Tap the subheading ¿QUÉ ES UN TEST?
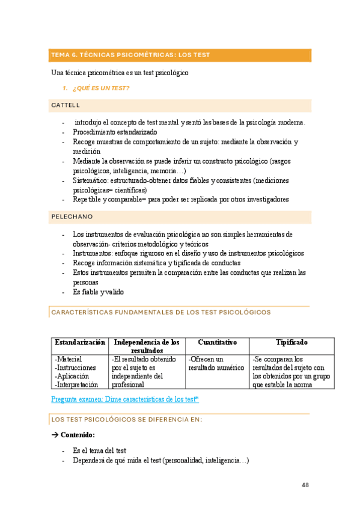coord(100,89)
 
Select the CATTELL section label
coord(66,106)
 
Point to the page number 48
coord(305,486)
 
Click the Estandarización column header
coord(79,342)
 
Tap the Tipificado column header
coord(291,342)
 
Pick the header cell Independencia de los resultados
coord(147,346)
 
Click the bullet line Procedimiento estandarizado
coord(115,132)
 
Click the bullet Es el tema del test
coord(99,450)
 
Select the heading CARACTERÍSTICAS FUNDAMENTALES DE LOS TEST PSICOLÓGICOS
coord(161,313)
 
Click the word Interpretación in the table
coord(76,384)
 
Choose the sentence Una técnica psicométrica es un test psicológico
coord(120,73)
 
